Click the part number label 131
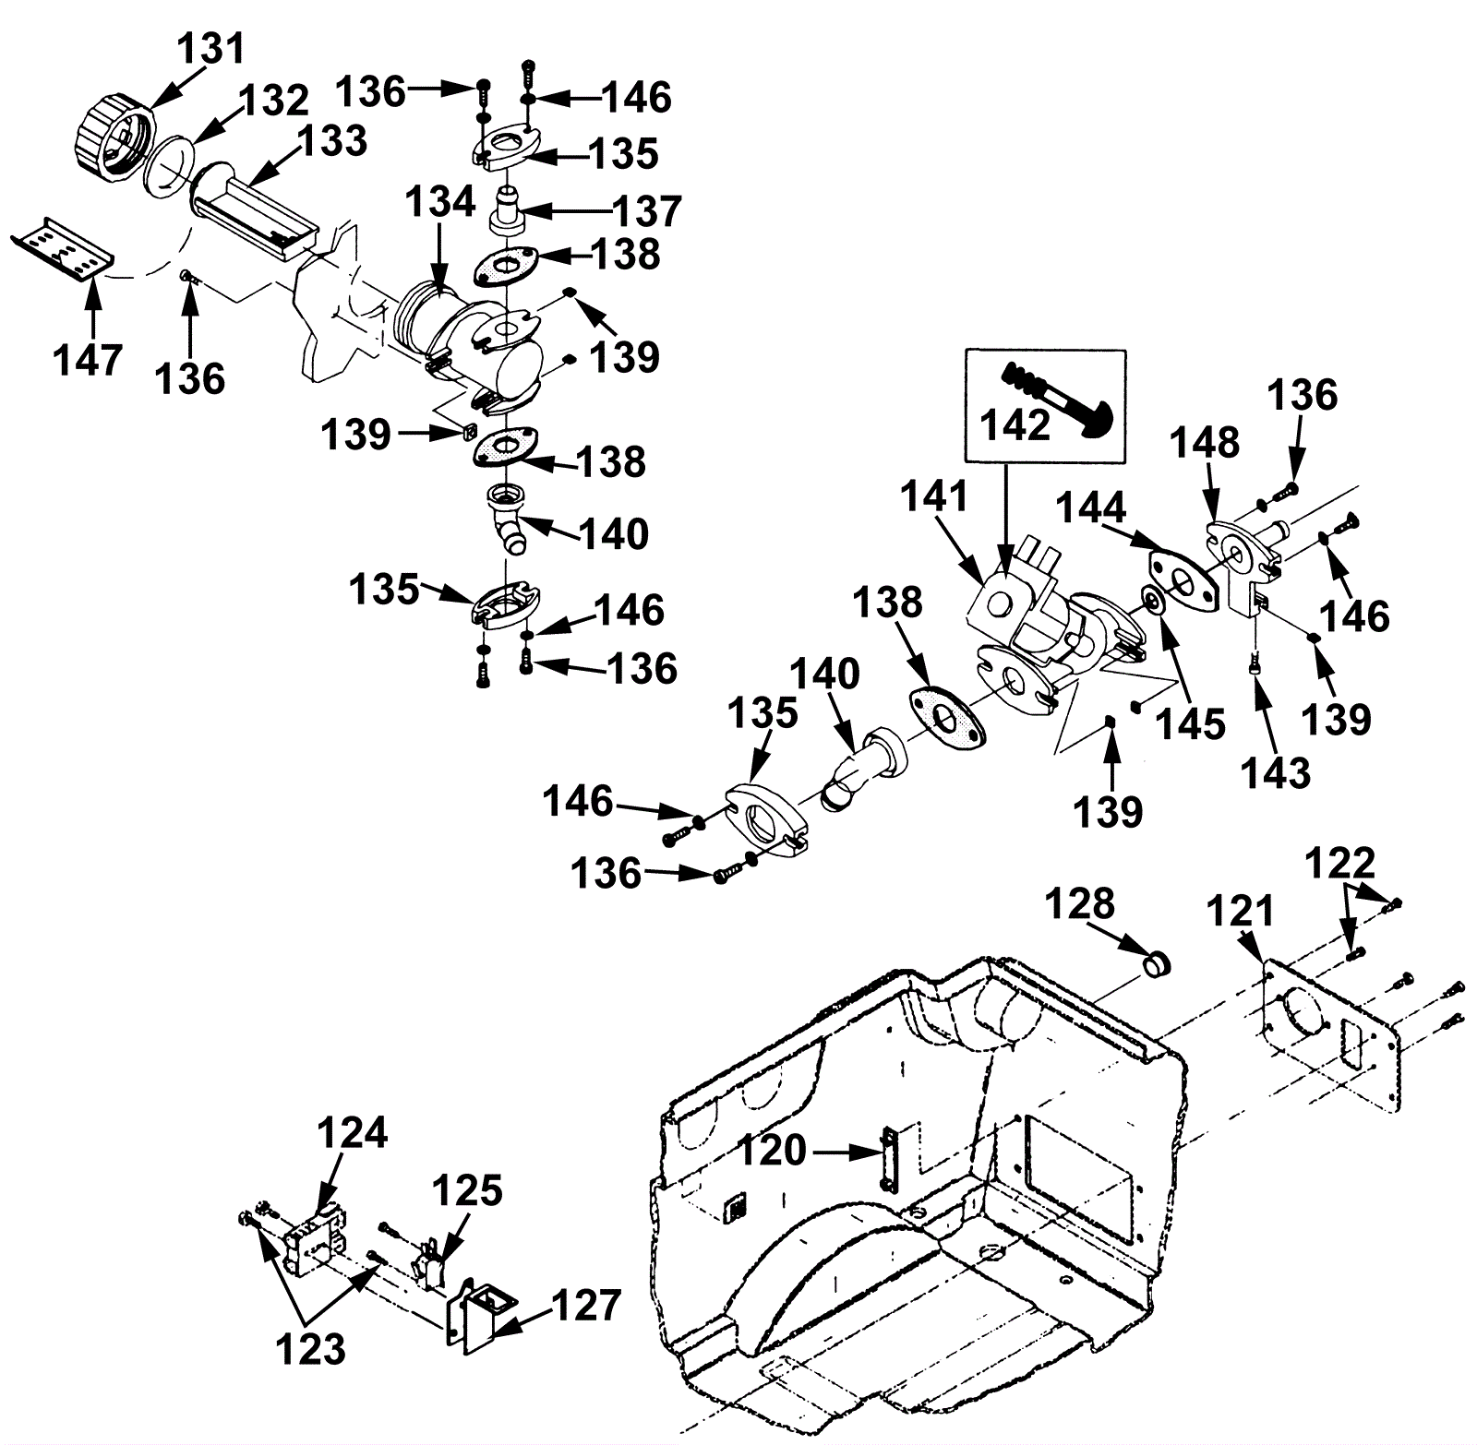pyautogui.click(x=212, y=47)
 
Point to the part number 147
pyautogui.click(x=88, y=359)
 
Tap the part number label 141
pyautogui.click(x=934, y=496)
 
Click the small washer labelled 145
pyautogui.click(x=1152, y=603)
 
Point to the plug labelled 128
pyautogui.click(x=1157, y=965)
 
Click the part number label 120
pyautogui.click(x=772, y=1151)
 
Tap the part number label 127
pyautogui.click(x=586, y=1306)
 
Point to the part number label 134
pyautogui.click(x=440, y=201)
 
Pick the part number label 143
pyautogui.click(x=1276, y=773)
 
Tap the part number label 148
pyautogui.click(x=1206, y=444)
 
